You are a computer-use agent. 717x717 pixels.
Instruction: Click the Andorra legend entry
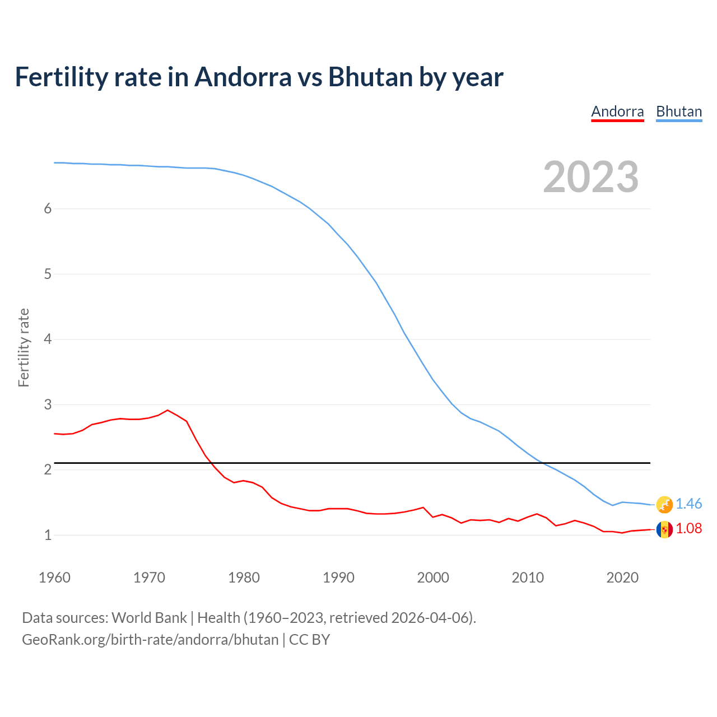pyautogui.click(x=617, y=111)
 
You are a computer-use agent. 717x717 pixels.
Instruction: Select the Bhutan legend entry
pyautogui.click(x=679, y=111)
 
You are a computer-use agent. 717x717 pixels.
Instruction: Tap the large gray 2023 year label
pyautogui.click(x=591, y=177)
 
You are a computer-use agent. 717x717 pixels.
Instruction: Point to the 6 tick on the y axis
pyautogui.click(x=48, y=209)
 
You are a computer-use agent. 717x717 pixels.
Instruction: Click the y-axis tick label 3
pyautogui.click(x=48, y=404)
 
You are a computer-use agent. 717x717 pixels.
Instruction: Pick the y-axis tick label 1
pyautogui.click(x=48, y=535)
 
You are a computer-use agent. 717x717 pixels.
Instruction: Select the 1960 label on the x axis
pyautogui.click(x=54, y=578)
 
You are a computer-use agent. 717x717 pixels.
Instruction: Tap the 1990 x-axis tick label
pyautogui.click(x=338, y=578)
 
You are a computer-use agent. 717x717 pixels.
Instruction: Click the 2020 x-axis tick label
pyautogui.click(x=622, y=578)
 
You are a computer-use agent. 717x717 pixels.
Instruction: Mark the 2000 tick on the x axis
pyautogui.click(x=433, y=578)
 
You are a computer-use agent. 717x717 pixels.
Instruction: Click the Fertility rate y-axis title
pyautogui.click(x=24, y=347)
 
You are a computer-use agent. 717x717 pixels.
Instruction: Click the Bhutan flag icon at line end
pyautogui.click(x=664, y=504)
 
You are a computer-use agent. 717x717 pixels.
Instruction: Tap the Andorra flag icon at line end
pyautogui.click(x=664, y=529)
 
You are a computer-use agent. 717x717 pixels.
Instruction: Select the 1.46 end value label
pyautogui.click(x=689, y=504)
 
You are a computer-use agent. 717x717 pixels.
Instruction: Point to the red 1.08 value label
pyautogui.click(x=689, y=529)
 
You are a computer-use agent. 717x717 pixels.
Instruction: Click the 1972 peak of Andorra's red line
pyautogui.click(x=167, y=410)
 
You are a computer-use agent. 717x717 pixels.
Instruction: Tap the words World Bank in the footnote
pyautogui.click(x=149, y=618)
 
